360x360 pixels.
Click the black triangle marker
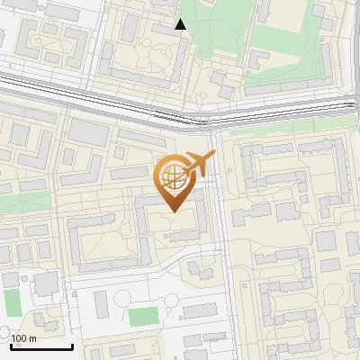point(181,24)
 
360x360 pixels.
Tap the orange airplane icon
point(199,164)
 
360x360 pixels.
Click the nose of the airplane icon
point(213,155)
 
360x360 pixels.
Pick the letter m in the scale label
point(32,338)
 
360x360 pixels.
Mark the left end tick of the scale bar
point(11,346)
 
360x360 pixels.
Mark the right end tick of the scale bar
point(72,346)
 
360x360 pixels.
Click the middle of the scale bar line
point(41,347)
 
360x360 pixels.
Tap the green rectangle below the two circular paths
point(142,317)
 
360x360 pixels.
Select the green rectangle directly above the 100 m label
point(12,302)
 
